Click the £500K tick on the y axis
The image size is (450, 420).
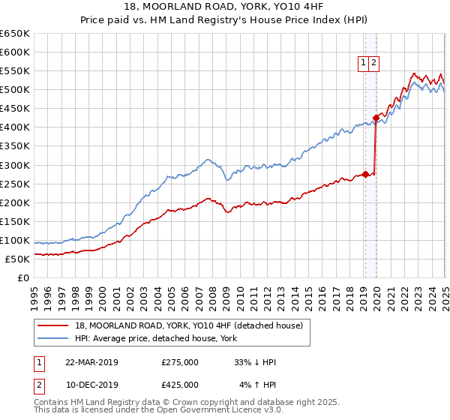pos(14,90)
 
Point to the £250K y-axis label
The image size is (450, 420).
pos(14,184)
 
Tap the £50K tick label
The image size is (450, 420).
pos(17,259)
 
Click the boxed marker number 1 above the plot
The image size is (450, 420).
pos(363,64)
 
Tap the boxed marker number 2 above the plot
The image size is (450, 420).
pos(373,64)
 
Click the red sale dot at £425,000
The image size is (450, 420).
pos(375,118)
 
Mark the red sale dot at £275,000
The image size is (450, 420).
pos(365,174)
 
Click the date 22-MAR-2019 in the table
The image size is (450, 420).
pos(91,362)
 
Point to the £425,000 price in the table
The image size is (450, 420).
pos(180,385)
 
